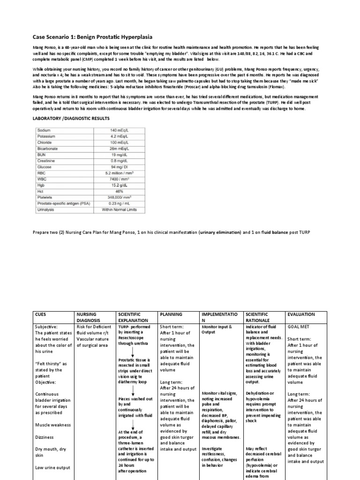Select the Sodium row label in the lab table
(x=45, y=129)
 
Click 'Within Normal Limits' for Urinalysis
(x=119, y=210)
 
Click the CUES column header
(x=42, y=315)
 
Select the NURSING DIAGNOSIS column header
(x=89, y=318)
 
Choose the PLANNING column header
(x=172, y=315)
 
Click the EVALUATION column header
(x=301, y=315)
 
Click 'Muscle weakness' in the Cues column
(x=53, y=425)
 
